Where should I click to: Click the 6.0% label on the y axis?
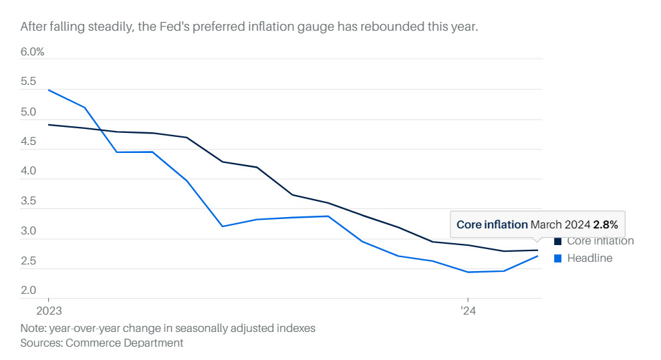tap(32, 52)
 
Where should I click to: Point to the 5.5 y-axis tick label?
tap(29, 82)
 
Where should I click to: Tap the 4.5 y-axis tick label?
tap(29, 142)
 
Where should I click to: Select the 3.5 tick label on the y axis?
tap(29, 201)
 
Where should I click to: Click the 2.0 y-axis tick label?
tap(29, 291)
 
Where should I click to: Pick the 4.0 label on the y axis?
tap(29, 172)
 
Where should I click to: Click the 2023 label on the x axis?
tap(49, 311)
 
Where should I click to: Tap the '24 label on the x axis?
tap(467, 311)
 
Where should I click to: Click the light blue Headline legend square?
tap(558, 258)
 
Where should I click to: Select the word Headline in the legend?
tap(589, 258)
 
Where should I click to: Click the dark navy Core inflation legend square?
tap(558, 241)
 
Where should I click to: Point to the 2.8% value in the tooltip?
tap(606, 225)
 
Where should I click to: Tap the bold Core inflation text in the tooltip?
tap(492, 225)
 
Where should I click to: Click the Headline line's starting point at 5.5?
tap(49, 89)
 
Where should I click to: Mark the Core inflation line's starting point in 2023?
tap(49, 125)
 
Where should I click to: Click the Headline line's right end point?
tap(539, 256)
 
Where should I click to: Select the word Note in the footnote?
tap(33, 329)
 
